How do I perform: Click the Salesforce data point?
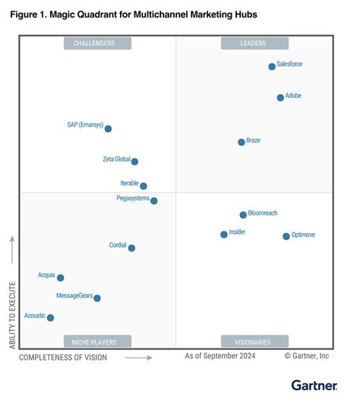click(x=272, y=67)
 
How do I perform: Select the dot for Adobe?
click(x=280, y=97)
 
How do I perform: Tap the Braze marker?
click(x=242, y=142)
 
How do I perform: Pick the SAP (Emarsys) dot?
click(x=108, y=129)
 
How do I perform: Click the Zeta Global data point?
click(x=134, y=162)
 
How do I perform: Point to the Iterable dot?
click(x=144, y=186)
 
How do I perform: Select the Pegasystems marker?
click(x=154, y=201)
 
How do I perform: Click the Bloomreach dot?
click(x=243, y=215)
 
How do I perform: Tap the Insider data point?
click(x=223, y=235)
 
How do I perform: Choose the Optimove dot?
click(x=286, y=236)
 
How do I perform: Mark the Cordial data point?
click(x=131, y=248)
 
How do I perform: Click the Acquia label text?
click(x=46, y=274)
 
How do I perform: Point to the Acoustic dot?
click(x=50, y=318)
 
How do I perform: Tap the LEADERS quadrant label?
click(x=254, y=43)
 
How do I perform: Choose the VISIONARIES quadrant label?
click(x=254, y=342)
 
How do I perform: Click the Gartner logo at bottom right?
click(x=315, y=386)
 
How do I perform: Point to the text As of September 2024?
click(x=220, y=355)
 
